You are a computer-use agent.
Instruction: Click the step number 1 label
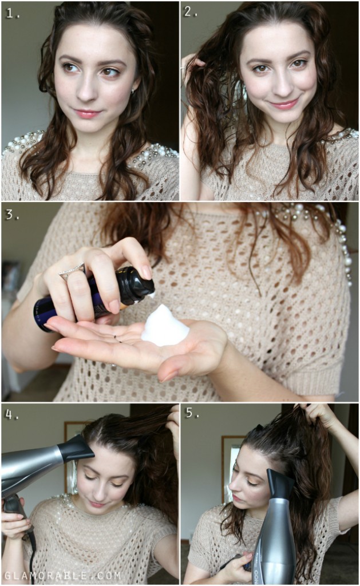click(x=12, y=13)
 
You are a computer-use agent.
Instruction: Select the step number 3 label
click(x=12, y=216)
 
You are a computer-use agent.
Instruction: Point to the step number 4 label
click(x=12, y=413)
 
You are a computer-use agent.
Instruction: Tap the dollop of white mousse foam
click(x=164, y=327)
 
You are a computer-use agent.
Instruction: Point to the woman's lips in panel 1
click(x=87, y=113)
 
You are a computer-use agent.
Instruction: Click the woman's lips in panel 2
click(x=284, y=104)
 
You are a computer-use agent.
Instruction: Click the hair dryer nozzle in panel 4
click(x=76, y=450)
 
